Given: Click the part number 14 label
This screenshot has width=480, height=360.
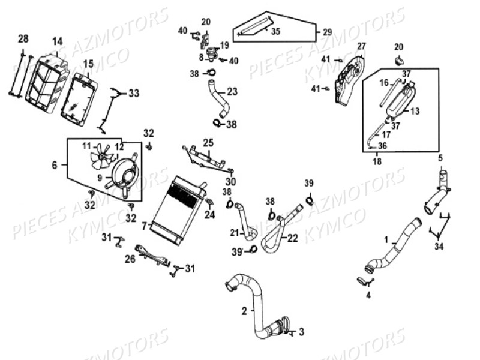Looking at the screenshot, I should click(x=57, y=41).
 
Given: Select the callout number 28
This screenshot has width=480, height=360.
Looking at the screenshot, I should click(x=23, y=39).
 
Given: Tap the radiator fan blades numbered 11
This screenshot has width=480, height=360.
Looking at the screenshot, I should click(x=101, y=159).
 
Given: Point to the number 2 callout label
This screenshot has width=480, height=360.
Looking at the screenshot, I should click(x=244, y=311).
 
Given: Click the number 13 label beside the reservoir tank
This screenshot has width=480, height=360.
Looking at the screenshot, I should click(x=415, y=110).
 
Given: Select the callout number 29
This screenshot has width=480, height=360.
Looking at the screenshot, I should click(x=327, y=32).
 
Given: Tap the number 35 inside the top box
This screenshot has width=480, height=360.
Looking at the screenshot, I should click(x=275, y=31).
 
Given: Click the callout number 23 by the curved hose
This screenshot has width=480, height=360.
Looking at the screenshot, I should click(x=232, y=92).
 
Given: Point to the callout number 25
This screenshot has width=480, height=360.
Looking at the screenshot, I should click(x=208, y=142).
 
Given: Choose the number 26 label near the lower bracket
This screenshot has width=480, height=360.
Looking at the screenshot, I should click(x=130, y=259).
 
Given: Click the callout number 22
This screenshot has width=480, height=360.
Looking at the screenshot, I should click(x=292, y=238).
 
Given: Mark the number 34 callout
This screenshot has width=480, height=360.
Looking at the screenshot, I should click(x=440, y=246).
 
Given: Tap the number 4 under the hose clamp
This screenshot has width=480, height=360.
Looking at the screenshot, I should click(x=368, y=295).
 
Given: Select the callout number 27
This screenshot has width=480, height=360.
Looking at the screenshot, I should click(x=361, y=46).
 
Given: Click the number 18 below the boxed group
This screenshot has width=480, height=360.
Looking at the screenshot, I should click(x=377, y=162).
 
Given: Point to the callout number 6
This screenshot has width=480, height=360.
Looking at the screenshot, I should click(x=55, y=165).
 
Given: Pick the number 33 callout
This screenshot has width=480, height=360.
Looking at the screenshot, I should click(x=133, y=93).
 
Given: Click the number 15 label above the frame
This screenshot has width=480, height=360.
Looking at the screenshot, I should click(x=88, y=64).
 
